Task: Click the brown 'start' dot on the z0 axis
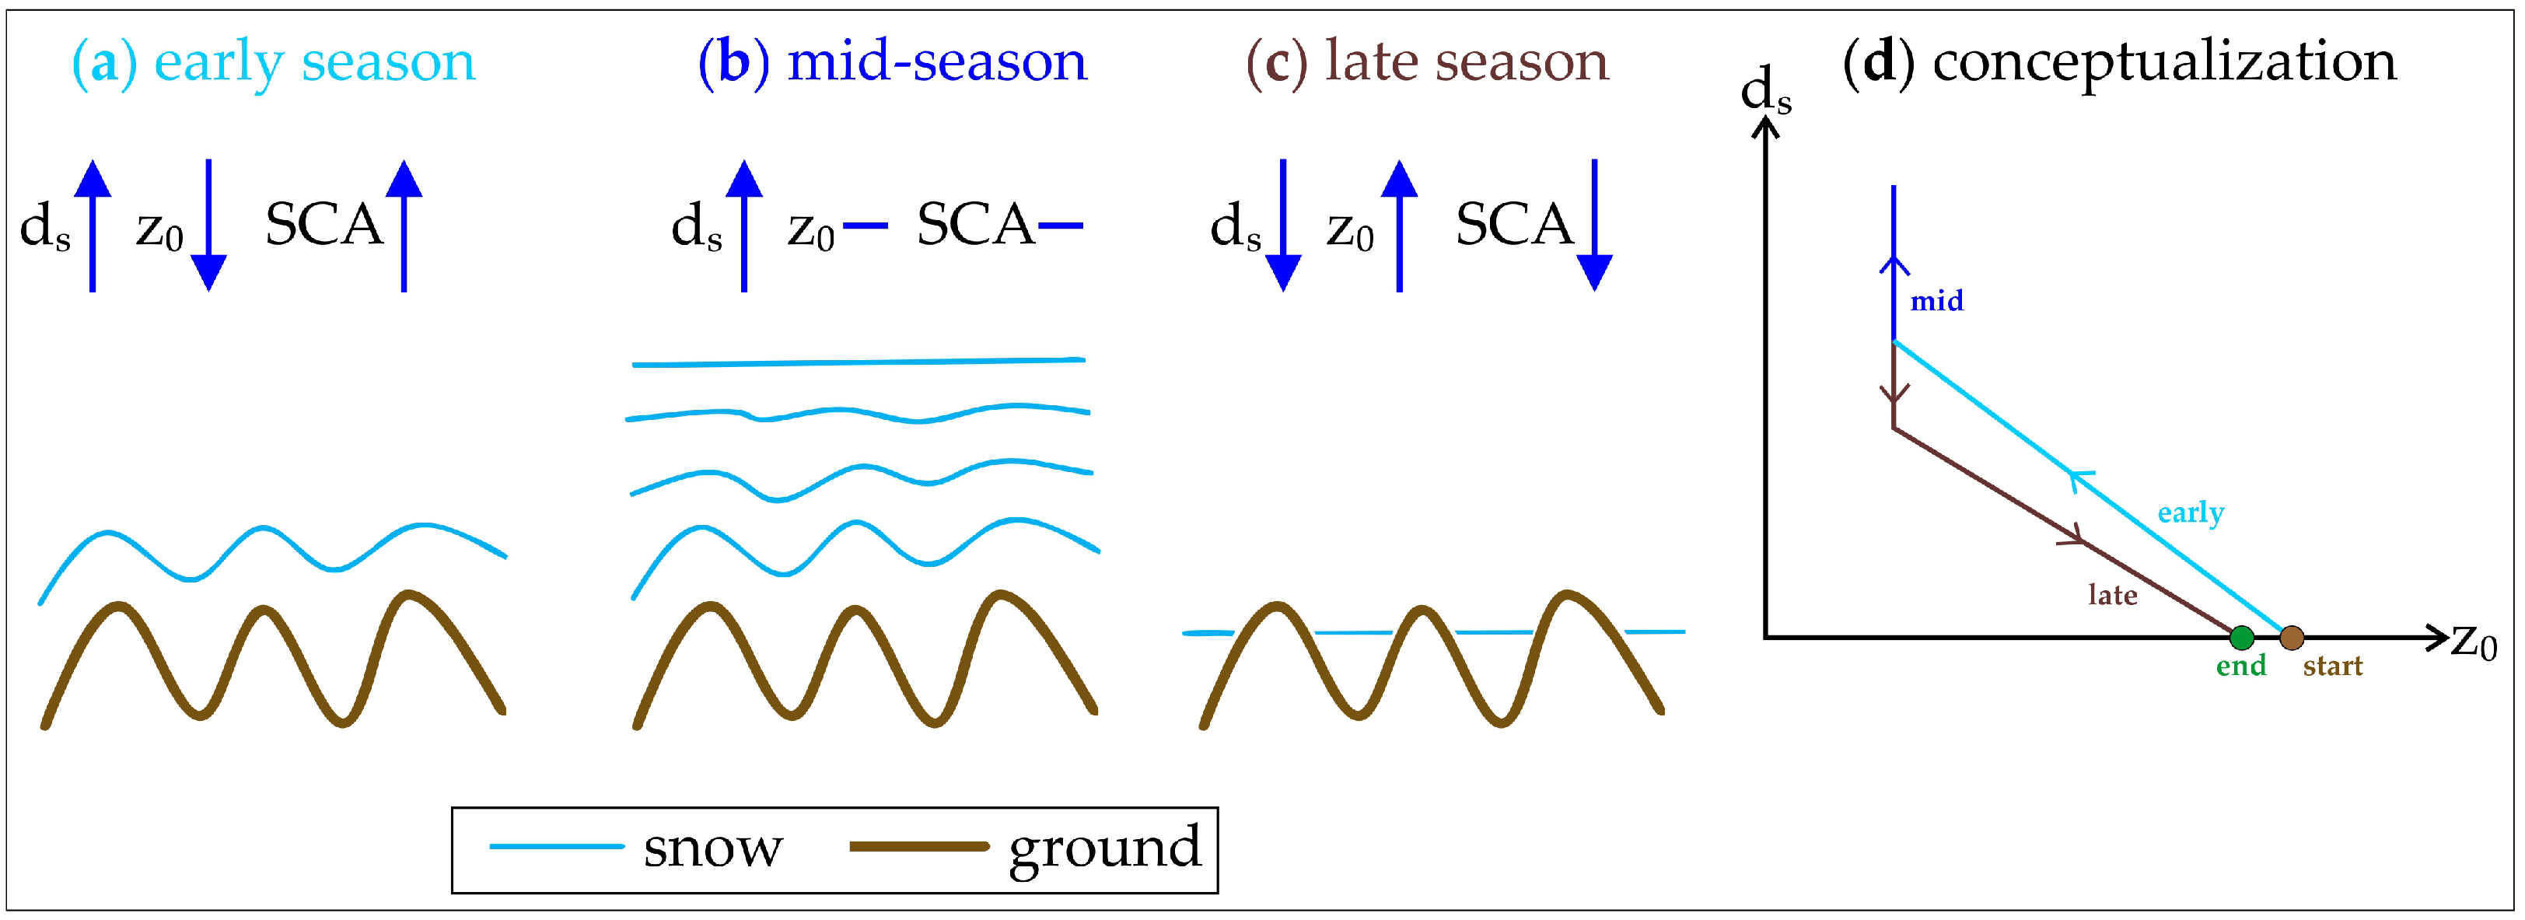(2291, 638)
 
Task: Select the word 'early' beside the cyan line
(2190, 512)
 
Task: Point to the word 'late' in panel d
(2111, 595)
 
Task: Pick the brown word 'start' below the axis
(2332, 666)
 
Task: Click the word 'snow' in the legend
(712, 848)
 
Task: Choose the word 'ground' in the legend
(1105, 848)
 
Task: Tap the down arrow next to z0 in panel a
(208, 226)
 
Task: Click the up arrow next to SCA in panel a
(404, 226)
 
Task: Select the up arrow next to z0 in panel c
(1399, 226)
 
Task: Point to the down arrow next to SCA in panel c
(1594, 226)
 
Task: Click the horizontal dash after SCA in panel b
(1060, 226)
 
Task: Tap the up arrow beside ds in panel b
(744, 226)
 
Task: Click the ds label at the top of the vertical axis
(1765, 90)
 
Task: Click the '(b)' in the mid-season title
(733, 61)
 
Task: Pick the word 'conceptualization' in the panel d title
(2163, 61)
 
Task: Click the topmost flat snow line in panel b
(858, 362)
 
